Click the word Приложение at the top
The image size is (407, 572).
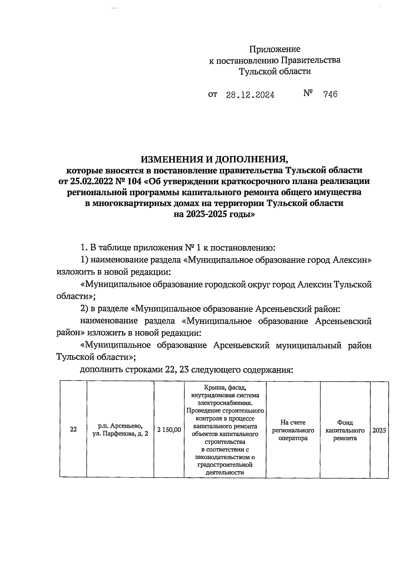pyautogui.click(x=275, y=50)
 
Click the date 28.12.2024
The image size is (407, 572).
pyautogui.click(x=250, y=95)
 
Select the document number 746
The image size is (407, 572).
pyautogui.click(x=330, y=94)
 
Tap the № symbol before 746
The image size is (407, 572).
pyautogui.click(x=308, y=93)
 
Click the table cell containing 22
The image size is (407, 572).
pyautogui.click(x=73, y=430)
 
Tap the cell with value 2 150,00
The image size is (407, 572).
pyautogui.click(x=169, y=430)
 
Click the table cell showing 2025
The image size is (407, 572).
pyautogui.click(x=379, y=430)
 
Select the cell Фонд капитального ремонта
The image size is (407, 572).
pyautogui.click(x=345, y=430)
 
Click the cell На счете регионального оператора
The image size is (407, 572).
pyautogui.click(x=293, y=430)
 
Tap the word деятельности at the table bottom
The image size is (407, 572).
pyautogui.click(x=225, y=473)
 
